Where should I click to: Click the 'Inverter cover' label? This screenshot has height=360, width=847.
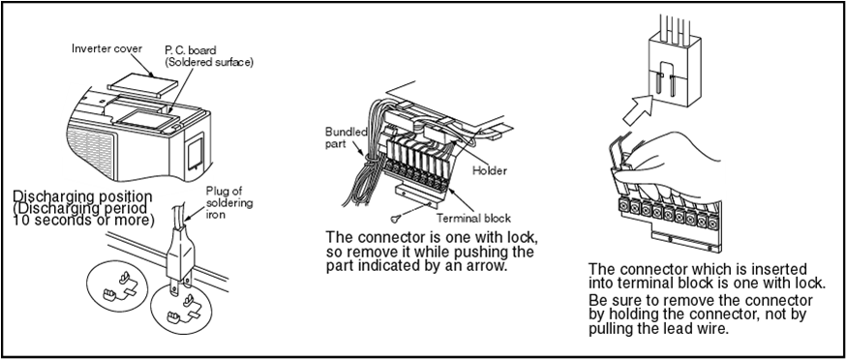coord(106,48)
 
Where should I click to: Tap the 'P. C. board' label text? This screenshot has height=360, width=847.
coord(191,50)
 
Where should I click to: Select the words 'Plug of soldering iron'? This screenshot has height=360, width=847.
coord(229,203)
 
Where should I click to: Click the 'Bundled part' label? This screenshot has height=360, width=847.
coord(347,138)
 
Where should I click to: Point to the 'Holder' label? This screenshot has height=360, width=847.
coord(490,170)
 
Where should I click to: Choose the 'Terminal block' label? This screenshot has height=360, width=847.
coord(473,219)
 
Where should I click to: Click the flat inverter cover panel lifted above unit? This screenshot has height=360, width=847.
coord(142,85)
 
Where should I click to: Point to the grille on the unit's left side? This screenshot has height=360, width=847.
coord(90,151)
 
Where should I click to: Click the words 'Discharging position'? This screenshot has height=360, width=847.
coord(82,196)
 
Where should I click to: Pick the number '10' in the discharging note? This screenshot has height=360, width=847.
coord(20,221)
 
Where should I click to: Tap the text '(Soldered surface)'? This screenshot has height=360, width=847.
coord(208,62)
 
